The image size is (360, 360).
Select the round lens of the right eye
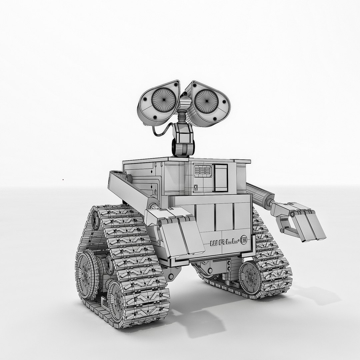(207, 101)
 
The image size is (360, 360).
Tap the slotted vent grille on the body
(203, 171)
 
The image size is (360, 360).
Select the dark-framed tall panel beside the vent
(221, 178)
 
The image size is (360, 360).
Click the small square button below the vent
(196, 187)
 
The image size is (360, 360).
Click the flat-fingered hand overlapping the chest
(180, 233)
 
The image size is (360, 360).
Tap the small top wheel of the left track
(96, 220)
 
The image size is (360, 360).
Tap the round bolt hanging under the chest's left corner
(171, 276)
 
